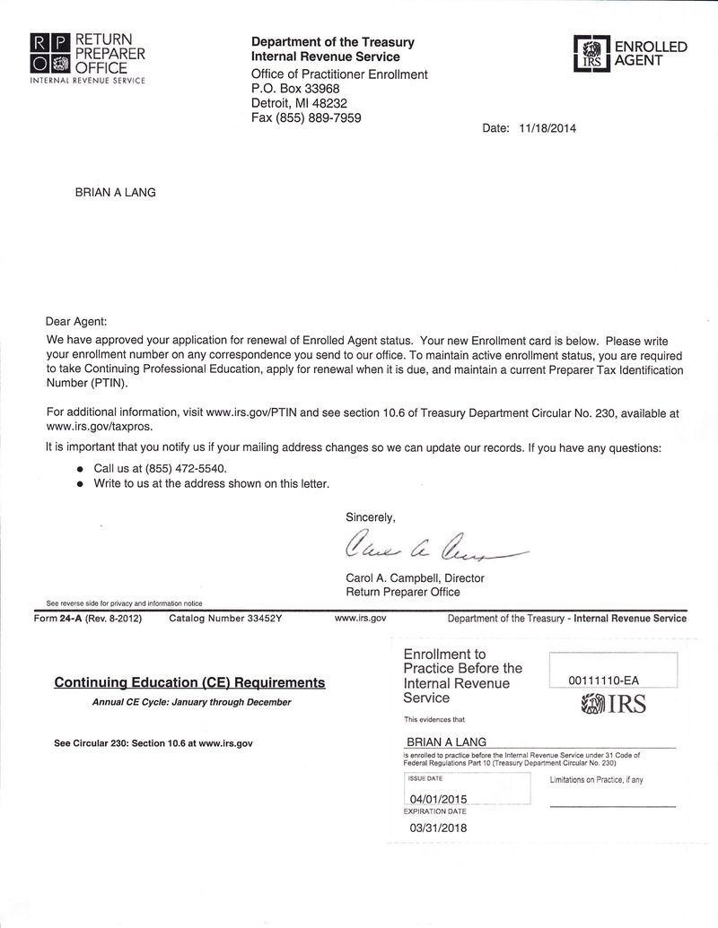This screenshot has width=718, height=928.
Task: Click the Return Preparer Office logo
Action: pos(87,56)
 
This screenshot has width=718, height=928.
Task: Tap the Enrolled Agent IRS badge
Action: pos(630,54)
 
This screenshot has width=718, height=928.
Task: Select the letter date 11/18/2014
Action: pos(547,128)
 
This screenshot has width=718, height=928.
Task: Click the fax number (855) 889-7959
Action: pos(306,117)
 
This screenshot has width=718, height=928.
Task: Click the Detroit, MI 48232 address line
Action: pos(299,103)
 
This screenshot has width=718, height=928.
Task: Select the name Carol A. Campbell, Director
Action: pos(415,578)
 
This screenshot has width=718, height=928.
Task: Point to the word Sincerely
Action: pos(370,516)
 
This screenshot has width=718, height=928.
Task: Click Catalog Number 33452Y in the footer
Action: pos(225,619)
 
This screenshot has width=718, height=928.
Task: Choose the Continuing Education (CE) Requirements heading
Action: pos(189,683)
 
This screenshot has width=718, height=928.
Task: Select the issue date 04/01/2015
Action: pos(438,798)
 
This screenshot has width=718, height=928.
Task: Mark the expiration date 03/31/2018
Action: pos(438,828)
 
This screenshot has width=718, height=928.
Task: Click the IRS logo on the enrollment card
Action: pos(613,705)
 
